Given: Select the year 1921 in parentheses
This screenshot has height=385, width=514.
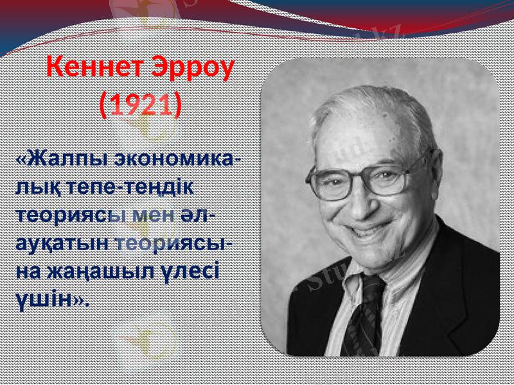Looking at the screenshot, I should (x=141, y=104).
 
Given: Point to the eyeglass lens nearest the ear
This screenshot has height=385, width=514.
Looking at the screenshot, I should (x=388, y=177).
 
